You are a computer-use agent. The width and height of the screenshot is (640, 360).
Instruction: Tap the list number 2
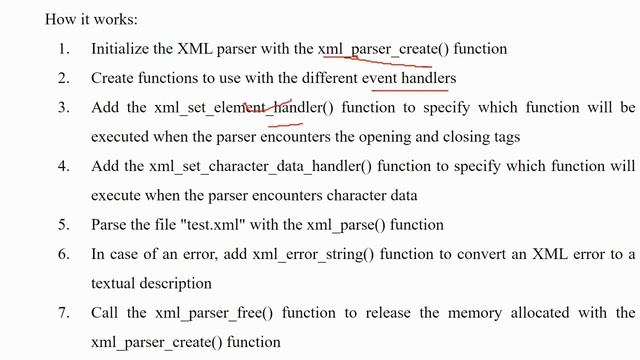63,77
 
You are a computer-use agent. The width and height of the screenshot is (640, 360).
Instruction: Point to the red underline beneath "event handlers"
409,87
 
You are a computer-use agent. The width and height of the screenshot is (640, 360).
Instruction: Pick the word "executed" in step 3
121,136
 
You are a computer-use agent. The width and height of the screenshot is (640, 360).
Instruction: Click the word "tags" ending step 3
505,136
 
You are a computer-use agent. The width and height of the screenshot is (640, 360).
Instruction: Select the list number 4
63,166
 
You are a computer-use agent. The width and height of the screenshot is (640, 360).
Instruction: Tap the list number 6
63,254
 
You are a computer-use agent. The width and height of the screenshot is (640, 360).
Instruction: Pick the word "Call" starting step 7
105,313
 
